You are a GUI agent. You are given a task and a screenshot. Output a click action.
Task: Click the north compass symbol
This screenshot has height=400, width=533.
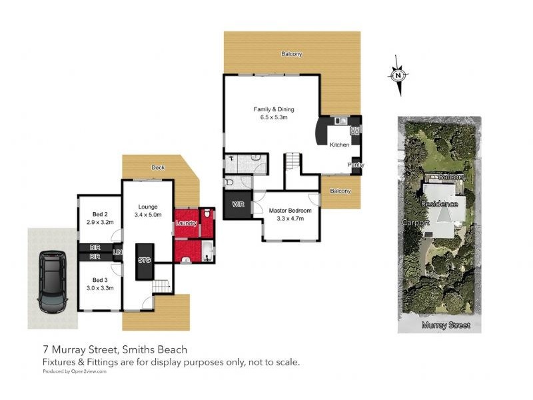click(397, 75)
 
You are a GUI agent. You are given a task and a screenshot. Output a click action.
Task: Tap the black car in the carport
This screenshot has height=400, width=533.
click(52, 282)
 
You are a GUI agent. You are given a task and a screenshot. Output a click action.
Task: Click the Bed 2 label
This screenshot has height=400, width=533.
click(100, 214)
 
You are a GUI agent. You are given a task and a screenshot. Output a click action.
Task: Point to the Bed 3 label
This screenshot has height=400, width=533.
click(100, 279)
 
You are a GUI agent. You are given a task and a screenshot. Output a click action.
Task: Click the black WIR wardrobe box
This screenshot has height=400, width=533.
click(237, 204)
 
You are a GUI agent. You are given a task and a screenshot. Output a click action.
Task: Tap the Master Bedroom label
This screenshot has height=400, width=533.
click(290, 211)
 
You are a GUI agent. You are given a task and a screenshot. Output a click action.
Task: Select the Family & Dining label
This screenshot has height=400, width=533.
click(273, 109)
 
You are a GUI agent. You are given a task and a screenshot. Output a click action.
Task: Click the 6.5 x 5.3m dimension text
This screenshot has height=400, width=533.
click(273, 117)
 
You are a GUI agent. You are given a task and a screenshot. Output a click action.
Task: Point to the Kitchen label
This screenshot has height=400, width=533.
click(340, 145)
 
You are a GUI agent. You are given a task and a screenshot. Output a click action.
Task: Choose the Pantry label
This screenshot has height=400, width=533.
click(355, 165)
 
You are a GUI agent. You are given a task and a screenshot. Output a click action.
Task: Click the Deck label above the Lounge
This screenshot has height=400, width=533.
click(158, 167)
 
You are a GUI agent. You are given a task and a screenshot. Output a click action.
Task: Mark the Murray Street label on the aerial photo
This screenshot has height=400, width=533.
click(446, 325)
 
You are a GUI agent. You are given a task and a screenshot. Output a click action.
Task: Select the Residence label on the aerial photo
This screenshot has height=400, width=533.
click(440, 203)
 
